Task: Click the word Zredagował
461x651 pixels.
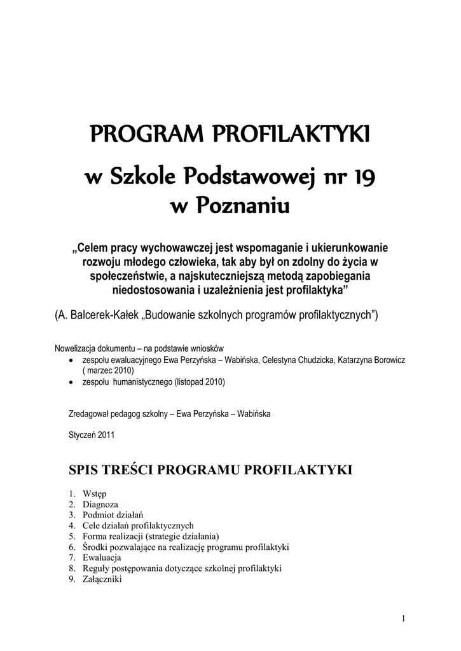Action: point(89,413)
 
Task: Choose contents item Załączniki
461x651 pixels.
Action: point(102,579)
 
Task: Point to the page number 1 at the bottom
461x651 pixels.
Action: point(404,619)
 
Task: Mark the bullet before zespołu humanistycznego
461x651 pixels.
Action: point(71,382)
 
